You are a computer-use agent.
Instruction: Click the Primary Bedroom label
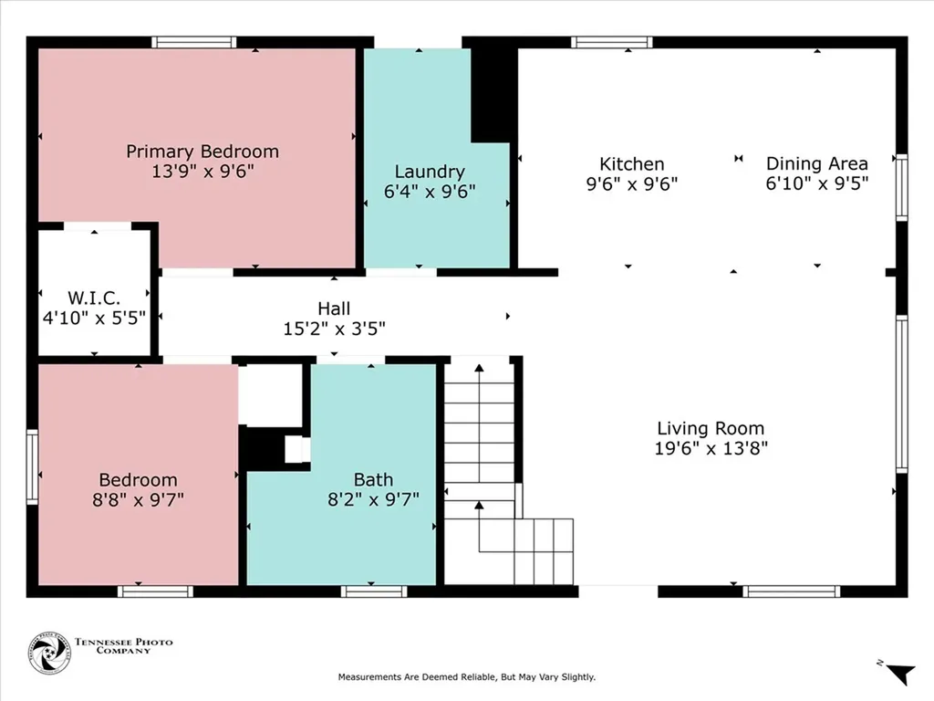[202, 152]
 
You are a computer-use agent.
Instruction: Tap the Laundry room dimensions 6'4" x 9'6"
[430, 192]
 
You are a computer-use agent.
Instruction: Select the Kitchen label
[631, 164]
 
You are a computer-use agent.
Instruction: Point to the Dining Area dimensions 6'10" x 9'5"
[816, 183]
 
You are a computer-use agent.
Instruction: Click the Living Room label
[711, 428]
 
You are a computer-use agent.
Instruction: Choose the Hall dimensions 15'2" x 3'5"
[334, 329]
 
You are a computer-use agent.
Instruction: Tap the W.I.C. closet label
[94, 298]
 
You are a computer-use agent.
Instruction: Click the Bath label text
[373, 479]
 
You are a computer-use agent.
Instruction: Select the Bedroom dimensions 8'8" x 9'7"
[139, 499]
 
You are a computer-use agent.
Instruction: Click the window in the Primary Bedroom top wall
[193, 42]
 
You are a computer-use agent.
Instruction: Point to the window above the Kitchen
[612, 42]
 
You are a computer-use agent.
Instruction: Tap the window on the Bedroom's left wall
[32, 467]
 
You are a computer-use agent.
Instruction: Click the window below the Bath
[374, 591]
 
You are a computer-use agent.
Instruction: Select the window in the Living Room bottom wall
[792, 591]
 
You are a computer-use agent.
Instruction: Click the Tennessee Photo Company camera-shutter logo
[49, 654]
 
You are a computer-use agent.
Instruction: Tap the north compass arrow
[899, 673]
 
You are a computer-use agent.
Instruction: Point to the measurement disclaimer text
[467, 677]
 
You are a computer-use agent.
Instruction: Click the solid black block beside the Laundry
[493, 95]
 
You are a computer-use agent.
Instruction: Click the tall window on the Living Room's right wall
[902, 394]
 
